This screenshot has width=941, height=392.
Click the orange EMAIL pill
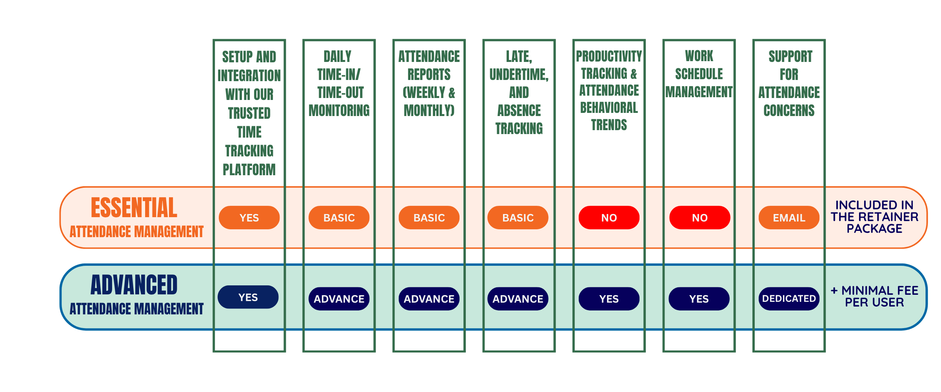(789, 218)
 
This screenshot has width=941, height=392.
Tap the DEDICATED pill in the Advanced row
(789, 299)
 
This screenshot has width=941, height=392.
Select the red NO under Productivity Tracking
(609, 218)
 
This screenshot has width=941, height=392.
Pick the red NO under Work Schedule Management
(699, 218)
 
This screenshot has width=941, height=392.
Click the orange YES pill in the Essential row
(249, 218)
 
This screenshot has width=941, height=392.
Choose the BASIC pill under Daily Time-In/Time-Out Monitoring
(339, 218)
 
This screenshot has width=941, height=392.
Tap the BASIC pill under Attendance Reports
(429, 218)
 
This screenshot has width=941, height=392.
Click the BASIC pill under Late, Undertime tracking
(518, 218)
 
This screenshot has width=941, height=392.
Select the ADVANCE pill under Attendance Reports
(429, 299)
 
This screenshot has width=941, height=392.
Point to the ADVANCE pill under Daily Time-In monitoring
(339, 299)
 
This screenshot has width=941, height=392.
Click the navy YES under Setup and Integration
(248, 297)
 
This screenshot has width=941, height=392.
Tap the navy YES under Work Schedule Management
(699, 299)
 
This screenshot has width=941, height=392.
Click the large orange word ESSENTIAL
(134, 207)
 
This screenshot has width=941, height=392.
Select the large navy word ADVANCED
(134, 285)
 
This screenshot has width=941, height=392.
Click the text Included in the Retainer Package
(874, 217)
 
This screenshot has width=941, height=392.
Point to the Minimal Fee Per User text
(874, 296)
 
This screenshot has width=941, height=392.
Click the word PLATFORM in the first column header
(249, 170)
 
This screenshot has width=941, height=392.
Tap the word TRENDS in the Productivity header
(609, 125)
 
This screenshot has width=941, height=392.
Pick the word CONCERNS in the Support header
(789, 111)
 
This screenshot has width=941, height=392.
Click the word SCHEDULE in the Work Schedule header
(699, 74)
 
